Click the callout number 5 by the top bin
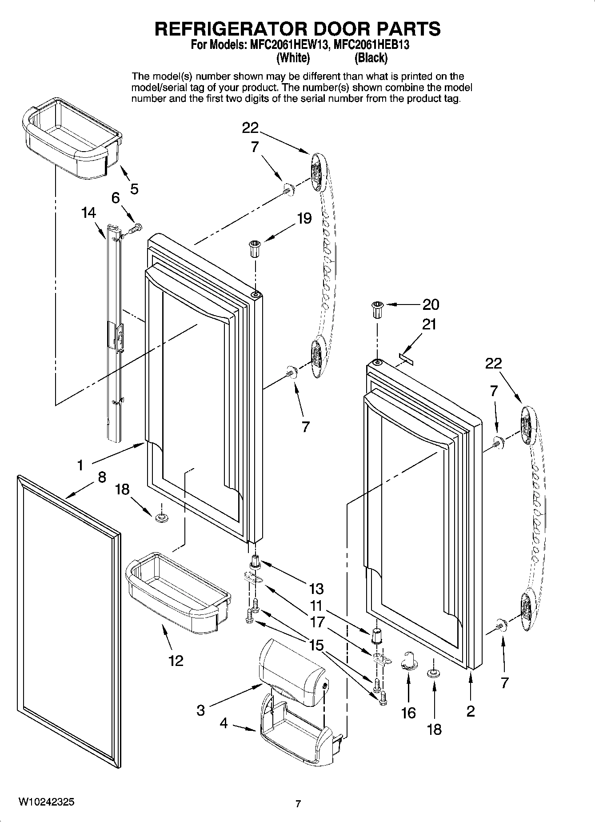(134, 189)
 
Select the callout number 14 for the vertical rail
(88, 213)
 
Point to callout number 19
(304, 218)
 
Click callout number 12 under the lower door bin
(176, 661)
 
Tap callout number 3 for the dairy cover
(201, 710)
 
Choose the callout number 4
(224, 724)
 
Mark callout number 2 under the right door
(471, 711)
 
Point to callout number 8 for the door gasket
(102, 477)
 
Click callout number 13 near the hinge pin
(316, 589)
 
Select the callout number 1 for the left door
(80, 465)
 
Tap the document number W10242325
(46, 802)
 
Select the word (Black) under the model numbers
(371, 58)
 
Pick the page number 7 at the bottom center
(298, 804)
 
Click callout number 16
(408, 713)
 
